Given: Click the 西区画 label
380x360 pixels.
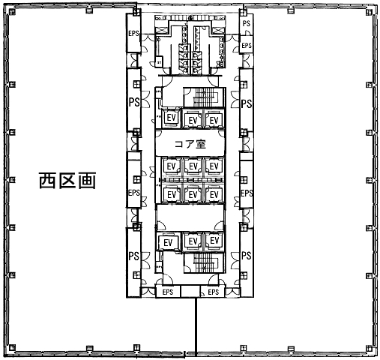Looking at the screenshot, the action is [67, 180].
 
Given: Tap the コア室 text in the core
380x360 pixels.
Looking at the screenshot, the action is [190, 144].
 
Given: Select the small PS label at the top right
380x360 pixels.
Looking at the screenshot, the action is [247, 23].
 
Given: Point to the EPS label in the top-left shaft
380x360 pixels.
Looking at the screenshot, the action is [133, 33].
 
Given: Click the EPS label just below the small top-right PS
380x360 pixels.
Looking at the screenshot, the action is [247, 46].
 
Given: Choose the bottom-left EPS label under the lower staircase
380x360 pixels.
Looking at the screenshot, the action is [168, 292].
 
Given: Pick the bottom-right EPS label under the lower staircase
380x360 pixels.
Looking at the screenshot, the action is [213, 292].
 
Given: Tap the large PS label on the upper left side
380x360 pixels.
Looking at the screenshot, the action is [134, 102].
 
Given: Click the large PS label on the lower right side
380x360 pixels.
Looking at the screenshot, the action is [247, 256].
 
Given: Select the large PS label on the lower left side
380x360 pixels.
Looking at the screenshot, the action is [134, 256].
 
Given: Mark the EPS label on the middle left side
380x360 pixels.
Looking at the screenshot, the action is [134, 193].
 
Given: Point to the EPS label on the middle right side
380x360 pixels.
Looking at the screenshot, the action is [247, 193].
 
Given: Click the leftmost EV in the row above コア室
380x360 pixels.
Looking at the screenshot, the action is [171, 118].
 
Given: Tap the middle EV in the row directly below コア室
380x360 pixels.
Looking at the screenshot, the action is [193, 166].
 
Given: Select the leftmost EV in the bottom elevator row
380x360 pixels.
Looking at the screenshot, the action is [168, 242].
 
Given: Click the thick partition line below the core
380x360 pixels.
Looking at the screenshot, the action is [196, 327].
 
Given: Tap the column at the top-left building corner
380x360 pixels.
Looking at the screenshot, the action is [12, 11].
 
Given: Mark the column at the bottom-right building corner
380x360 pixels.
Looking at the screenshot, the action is [370, 348].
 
